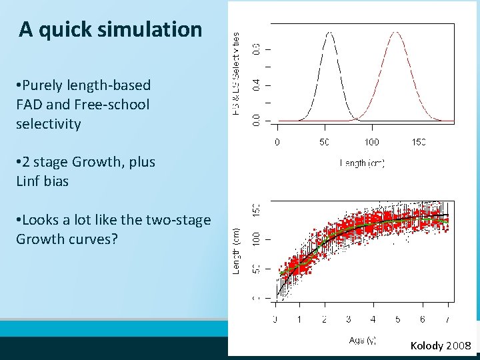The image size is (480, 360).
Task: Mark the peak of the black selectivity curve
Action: pos(329,31)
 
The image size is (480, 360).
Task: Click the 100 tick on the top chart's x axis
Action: pos(371,142)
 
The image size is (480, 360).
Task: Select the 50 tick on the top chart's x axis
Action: pos(324,142)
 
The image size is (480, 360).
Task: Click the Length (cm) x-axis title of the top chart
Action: pos(362,163)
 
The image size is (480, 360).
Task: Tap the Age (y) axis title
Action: pos(362,340)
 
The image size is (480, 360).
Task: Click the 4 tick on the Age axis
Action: pos(373,319)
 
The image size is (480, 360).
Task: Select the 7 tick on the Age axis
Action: pos(447,319)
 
